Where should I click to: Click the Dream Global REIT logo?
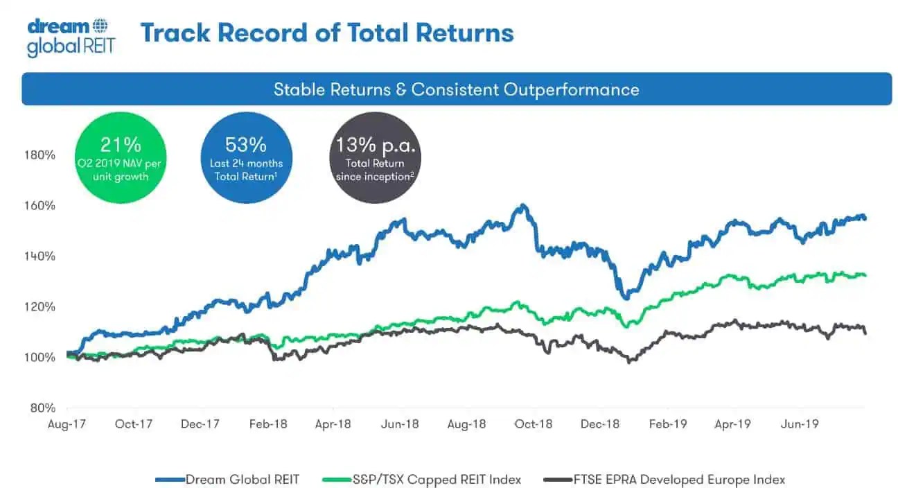[x=70, y=37]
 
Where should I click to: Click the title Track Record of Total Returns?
[x=327, y=33]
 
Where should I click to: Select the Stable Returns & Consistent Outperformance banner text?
[x=456, y=89]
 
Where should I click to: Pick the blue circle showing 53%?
[x=246, y=157]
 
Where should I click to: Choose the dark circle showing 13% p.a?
[x=374, y=157]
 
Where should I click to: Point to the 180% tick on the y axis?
[x=41, y=154]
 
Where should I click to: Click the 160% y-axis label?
[x=41, y=205]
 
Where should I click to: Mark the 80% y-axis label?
[x=44, y=408]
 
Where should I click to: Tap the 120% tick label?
[x=41, y=306]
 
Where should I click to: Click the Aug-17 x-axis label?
[x=67, y=424]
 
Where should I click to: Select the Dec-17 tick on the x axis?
[x=201, y=424]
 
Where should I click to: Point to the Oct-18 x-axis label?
[x=534, y=424]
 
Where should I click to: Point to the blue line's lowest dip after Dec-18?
[x=625, y=297]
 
